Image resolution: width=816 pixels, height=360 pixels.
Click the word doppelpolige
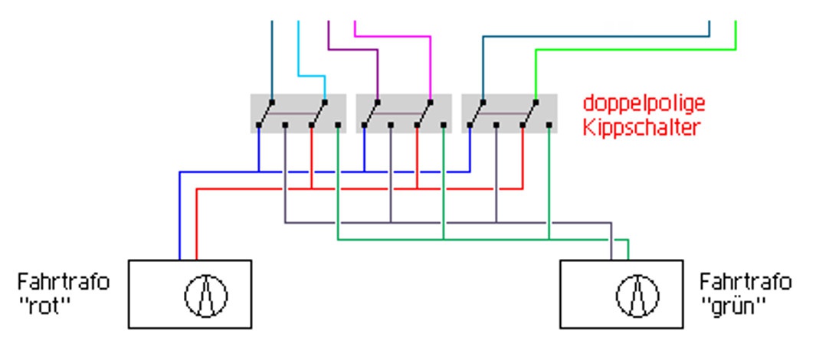pyautogui.click(x=643, y=103)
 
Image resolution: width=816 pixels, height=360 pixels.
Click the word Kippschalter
pyautogui.click(x=641, y=126)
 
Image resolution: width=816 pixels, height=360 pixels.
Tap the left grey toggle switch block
pyautogui.click(x=298, y=113)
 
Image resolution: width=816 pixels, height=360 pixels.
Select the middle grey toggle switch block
pyautogui.click(x=404, y=113)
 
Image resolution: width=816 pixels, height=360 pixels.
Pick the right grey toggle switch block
pyautogui.click(x=509, y=113)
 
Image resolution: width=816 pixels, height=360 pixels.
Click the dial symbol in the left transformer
pyautogui.click(x=206, y=295)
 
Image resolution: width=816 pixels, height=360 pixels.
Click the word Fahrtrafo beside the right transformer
pyautogui.click(x=745, y=282)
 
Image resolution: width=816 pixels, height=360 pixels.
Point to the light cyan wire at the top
pyautogui.click(x=299, y=46)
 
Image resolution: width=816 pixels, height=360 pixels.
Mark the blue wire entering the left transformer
pyautogui.click(x=179, y=222)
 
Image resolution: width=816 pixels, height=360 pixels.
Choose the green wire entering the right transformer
pyautogui.click(x=628, y=250)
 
